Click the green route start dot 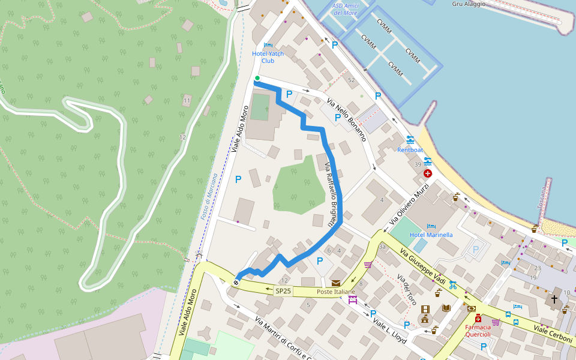257,78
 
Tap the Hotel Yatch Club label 268,57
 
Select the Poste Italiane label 335,292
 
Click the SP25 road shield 283,291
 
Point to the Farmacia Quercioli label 482,331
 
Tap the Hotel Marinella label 431,235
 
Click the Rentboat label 410,149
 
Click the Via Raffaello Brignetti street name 331,191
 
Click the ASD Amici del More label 346,9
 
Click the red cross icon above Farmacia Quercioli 478,319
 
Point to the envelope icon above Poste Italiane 335,283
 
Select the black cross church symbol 554,298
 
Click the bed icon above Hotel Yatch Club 268,45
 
